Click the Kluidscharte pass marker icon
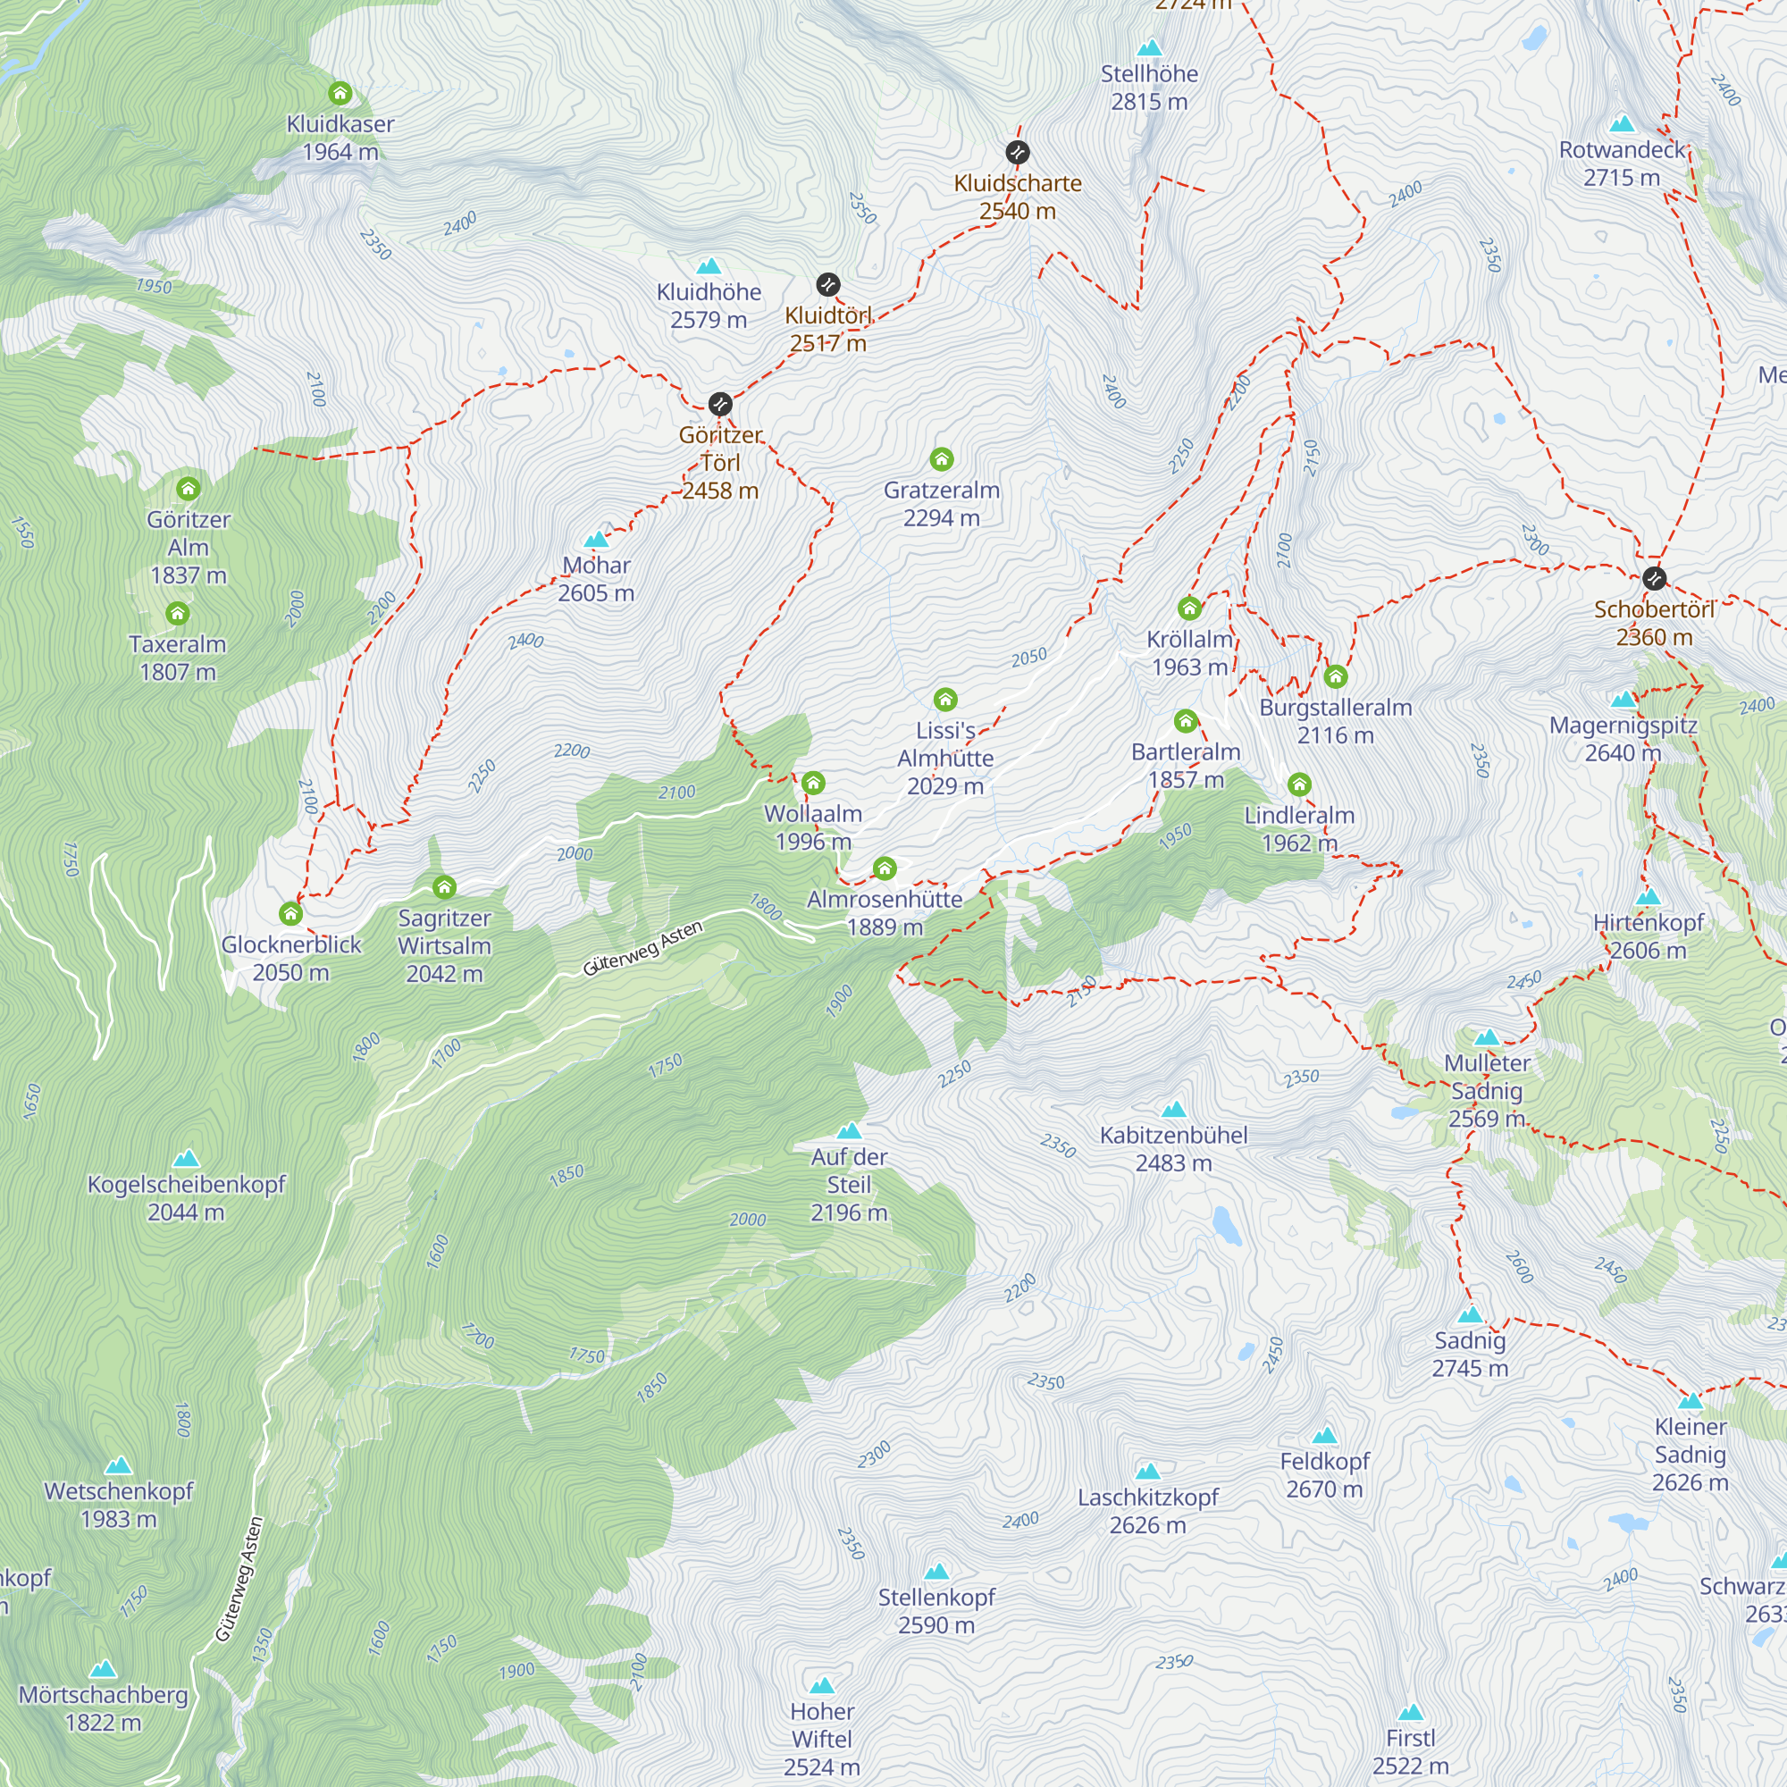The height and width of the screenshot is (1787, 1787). pos(1018,153)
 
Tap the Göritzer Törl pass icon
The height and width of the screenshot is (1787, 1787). pos(720,404)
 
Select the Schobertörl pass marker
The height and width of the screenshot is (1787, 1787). pos(1655,579)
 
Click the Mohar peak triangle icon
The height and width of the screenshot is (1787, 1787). pos(597,540)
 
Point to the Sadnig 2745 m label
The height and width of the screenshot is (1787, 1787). pos(1470,1355)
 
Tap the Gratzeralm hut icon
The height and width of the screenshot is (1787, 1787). pos(942,459)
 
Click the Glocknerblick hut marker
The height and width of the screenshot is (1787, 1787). pos(290,914)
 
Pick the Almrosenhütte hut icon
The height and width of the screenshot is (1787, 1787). pos(885,868)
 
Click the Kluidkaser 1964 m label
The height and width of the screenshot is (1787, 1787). pos(340,138)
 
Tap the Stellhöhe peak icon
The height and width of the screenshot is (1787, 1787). pos(1150,47)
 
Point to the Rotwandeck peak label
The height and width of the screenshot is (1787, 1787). pos(1622,163)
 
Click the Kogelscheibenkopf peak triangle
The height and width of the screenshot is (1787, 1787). pos(186,1159)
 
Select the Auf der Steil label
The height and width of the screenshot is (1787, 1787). pos(848,1184)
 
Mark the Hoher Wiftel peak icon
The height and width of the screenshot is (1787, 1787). pos(822,1685)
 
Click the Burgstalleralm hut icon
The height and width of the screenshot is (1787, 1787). pos(1336,677)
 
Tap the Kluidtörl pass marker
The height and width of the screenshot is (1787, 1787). pos(828,284)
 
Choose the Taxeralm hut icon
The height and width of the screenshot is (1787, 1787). pos(178,613)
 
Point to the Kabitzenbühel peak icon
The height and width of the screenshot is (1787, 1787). pos(1174,1109)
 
